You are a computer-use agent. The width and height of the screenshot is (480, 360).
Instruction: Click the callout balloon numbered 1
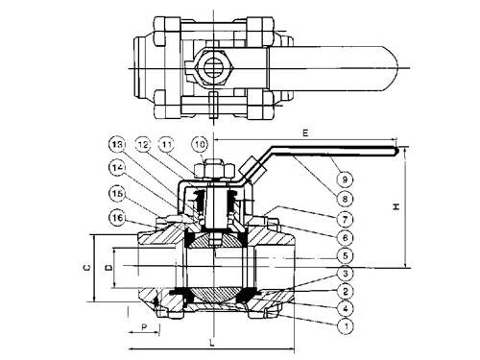345,326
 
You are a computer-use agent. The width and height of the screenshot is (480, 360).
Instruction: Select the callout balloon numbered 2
345,291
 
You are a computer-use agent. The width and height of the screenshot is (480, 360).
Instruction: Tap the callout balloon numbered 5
345,255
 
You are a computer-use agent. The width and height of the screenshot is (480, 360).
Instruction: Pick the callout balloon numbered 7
345,220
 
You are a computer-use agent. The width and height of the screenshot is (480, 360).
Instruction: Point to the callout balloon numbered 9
345,179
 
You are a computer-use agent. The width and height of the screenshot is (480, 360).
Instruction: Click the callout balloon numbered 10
200,145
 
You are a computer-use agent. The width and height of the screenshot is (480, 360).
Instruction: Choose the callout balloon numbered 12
143,145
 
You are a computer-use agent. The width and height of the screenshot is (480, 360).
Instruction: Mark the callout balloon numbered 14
117,167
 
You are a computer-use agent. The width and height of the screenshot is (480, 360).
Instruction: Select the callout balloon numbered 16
117,218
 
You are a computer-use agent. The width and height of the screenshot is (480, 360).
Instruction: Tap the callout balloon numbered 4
345,309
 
